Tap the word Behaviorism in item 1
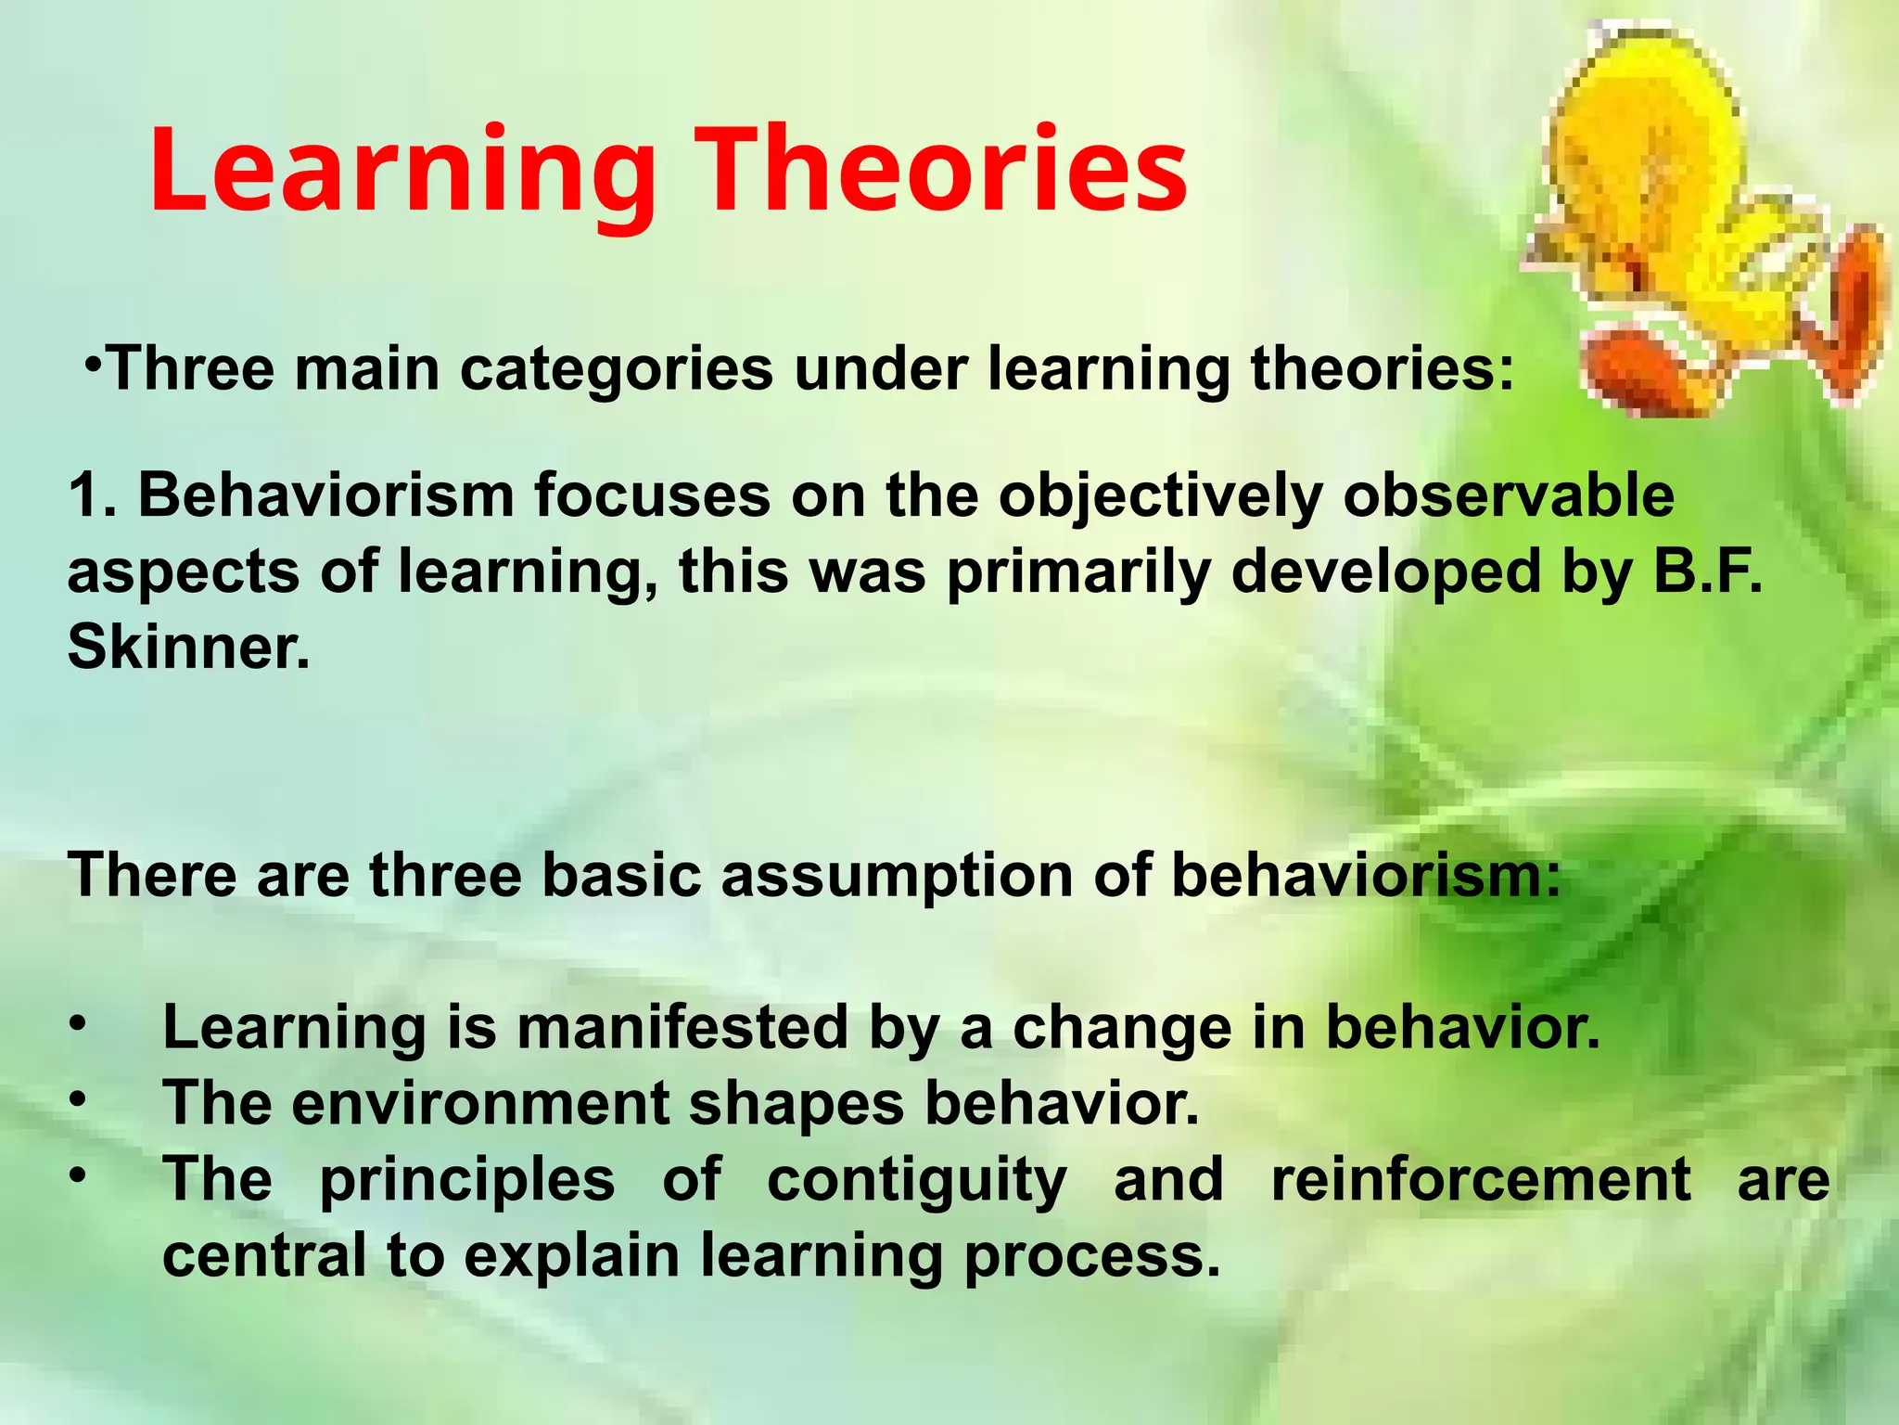point(325,495)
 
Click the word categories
point(616,368)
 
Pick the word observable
point(1509,495)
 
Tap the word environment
point(483,1104)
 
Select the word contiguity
point(917,1180)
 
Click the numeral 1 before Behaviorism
point(84,495)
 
